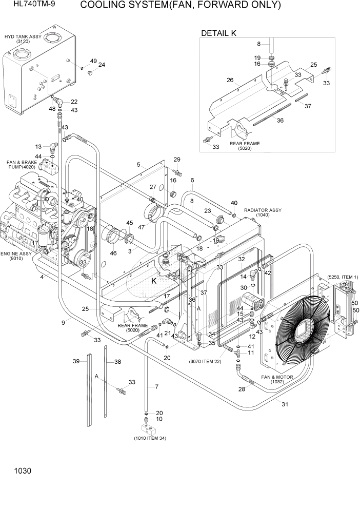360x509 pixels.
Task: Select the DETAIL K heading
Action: click(x=218, y=33)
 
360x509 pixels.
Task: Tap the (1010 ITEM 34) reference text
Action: click(x=149, y=438)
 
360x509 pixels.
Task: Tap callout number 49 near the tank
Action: click(x=93, y=61)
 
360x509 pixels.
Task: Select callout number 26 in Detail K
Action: click(x=230, y=80)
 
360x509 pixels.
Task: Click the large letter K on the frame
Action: click(x=153, y=281)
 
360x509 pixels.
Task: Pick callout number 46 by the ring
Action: click(x=113, y=253)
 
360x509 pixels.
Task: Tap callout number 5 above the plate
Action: click(x=138, y=164)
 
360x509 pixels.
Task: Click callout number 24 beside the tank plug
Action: click(x=102, y=65)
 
